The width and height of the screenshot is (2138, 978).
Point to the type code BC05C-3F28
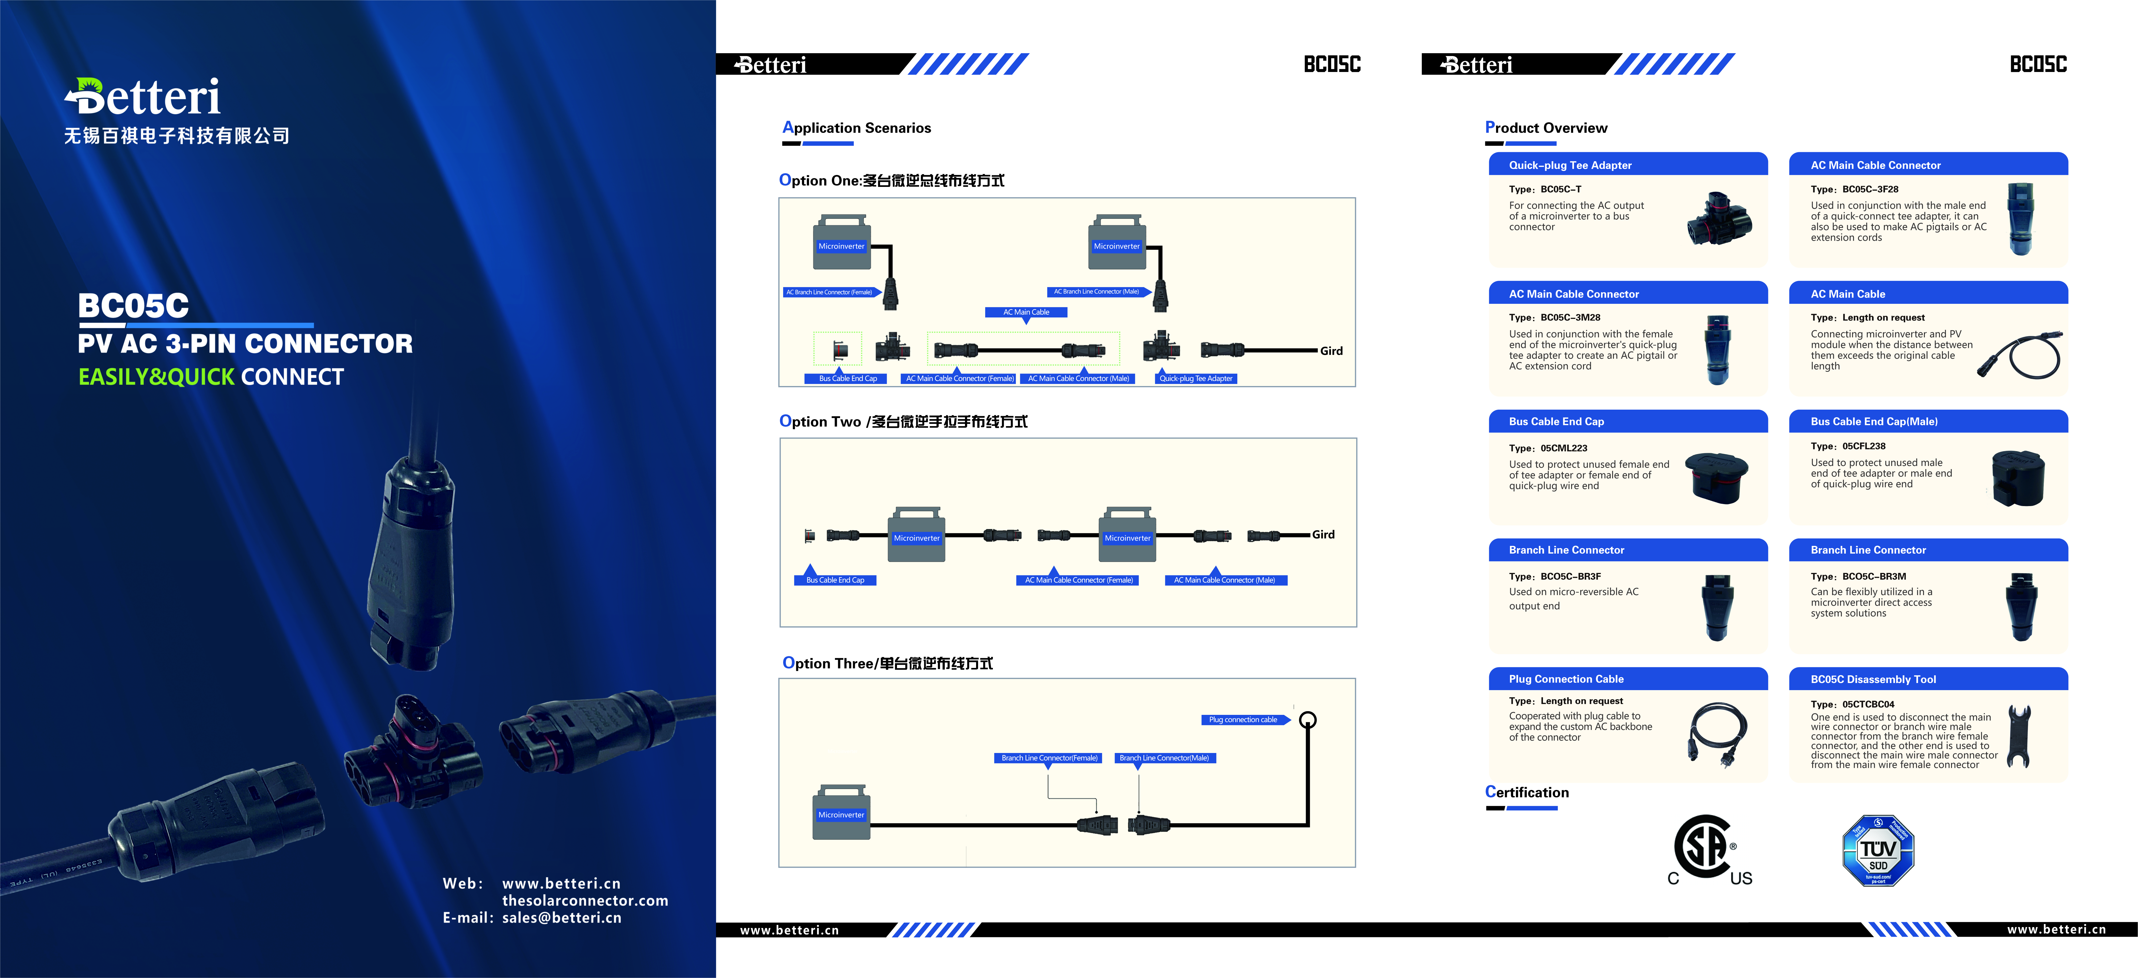[x=1870, y=189]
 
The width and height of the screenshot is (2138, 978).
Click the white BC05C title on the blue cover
[x=134, y=306]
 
